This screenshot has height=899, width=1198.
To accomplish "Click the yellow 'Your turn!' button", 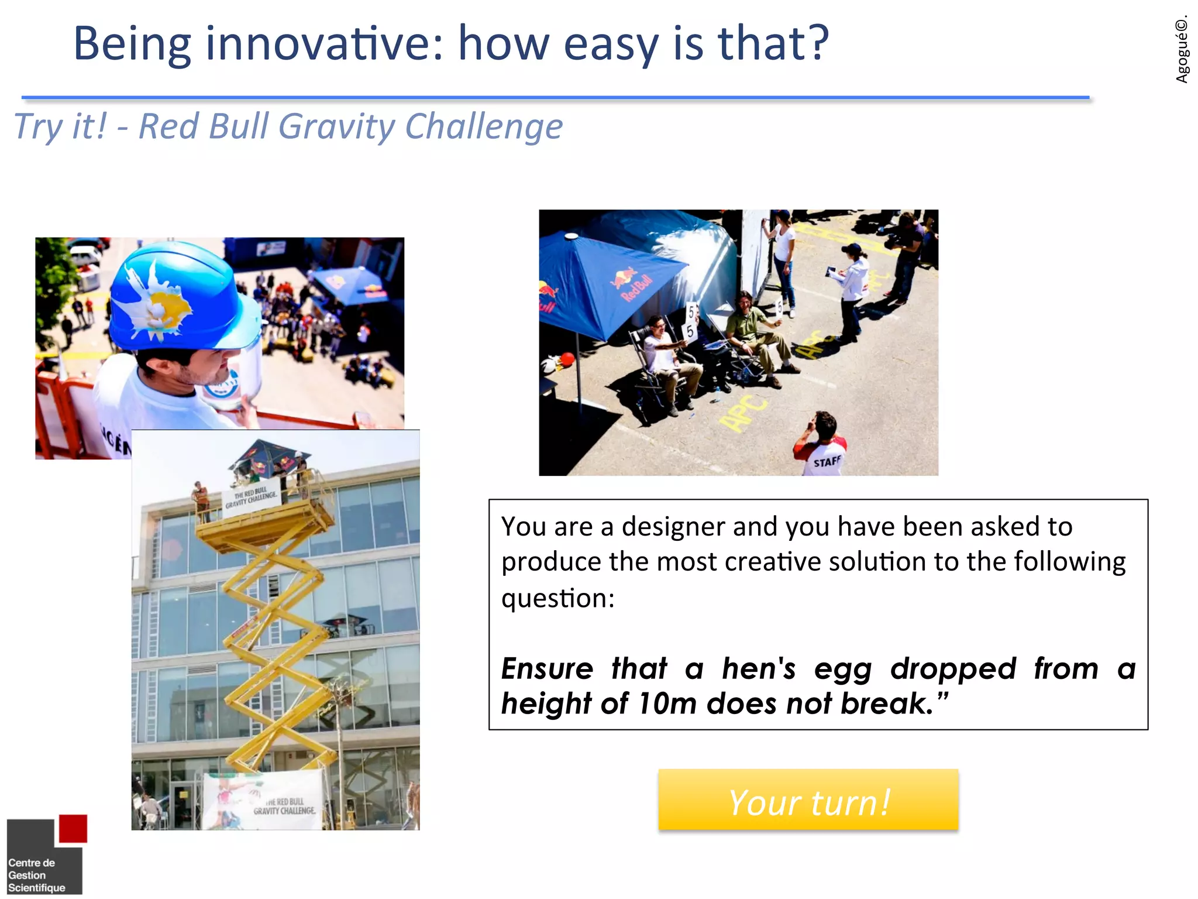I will tap(808, 800).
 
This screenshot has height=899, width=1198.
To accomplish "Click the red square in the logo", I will tap(73, 829).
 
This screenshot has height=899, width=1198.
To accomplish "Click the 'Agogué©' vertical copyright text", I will tap(1182, 50).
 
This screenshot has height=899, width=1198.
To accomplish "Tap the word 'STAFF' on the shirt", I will tap(827, 462).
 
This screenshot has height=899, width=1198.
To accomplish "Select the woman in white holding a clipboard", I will tap(851, 290).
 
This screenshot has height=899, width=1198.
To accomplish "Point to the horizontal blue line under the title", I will tap(556, 97).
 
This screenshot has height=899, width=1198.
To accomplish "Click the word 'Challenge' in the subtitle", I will tap(484, 126).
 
